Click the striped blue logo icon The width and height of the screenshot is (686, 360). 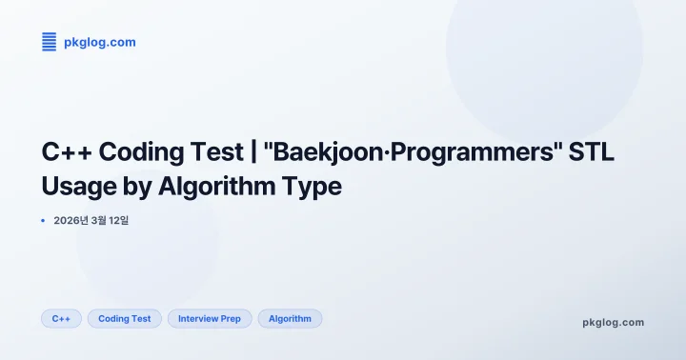click(x=50, y=41)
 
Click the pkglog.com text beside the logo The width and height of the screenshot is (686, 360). click(x=99, y=42)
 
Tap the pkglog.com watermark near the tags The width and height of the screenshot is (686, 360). click(x=613, y=322)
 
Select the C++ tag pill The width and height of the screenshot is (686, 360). click(x=61, y=319)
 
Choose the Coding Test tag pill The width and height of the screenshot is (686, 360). click(x=125, y=319)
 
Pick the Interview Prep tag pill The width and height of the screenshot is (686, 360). click(x=210, y=319)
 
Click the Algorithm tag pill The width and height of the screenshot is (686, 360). click(x=290, y=319)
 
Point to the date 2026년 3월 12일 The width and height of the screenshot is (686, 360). click(x=91, y=221)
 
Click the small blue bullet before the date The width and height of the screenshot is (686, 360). click(x=44, y=221)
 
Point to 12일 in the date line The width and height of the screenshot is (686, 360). click(x=118, y=221)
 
